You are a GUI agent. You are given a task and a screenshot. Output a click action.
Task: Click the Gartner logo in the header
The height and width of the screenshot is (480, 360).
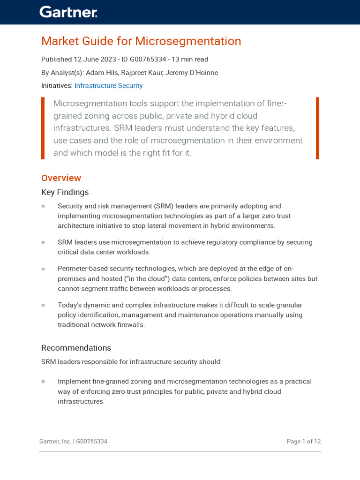pyautogui.click(x=68, y=12)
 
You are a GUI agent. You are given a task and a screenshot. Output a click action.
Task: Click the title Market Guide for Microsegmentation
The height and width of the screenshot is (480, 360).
pyautogui.click(x=141, y=41)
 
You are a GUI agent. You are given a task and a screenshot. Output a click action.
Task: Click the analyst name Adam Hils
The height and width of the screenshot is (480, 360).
pyautogui.click(x=101, y=73)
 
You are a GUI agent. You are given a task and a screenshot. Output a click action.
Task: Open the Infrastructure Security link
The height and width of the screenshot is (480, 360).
pyautogui.click(x=108, y=86)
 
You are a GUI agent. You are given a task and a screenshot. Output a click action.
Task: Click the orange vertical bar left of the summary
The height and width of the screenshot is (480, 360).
pyautogui.click(x=43, y=128)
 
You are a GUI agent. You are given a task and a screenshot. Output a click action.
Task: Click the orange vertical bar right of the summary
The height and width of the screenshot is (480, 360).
pyautogui.click(x=317, y=128)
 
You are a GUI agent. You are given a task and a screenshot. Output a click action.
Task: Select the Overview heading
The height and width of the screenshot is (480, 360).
pyautogui.click(x=61, y=178)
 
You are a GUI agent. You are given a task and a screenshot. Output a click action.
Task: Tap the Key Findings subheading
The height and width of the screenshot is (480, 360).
pyautogui.click(x=65, y=192)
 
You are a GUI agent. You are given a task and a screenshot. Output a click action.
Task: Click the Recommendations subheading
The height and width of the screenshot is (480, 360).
pyautogui.click(x=76, y=348)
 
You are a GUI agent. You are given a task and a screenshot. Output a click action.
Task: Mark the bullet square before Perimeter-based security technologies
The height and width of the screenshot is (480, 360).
pyautogui.click(x=43, y=269)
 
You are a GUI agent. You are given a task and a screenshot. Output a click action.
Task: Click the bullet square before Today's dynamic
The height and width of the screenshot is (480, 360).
pyautogui.click(x=43, y=305)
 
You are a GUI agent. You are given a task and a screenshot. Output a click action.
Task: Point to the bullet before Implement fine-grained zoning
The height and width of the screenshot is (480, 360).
pyautogui.click(x=43, y=382)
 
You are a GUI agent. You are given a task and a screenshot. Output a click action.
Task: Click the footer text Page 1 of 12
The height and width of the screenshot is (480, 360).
pyautogui.click(x=303, y=442)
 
